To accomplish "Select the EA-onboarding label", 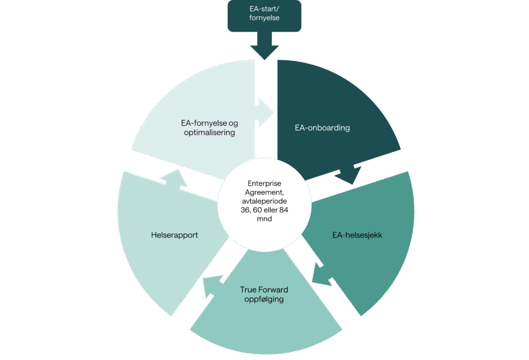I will (322, 128).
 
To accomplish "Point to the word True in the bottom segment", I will (248, 290).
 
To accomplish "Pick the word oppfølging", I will (264, 299).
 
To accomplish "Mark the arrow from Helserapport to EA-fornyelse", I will (175, 178).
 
